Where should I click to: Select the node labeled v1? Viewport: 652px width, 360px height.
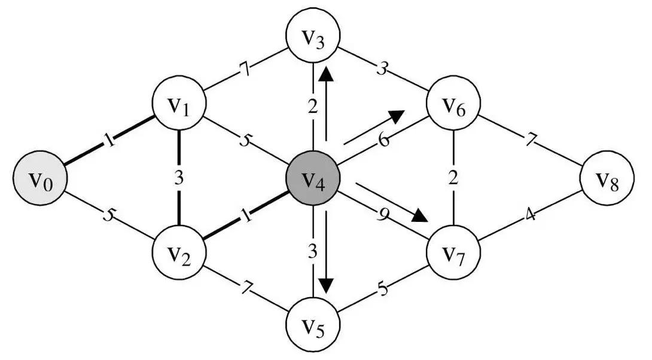(178, 108)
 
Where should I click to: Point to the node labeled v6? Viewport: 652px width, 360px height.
(453, 108)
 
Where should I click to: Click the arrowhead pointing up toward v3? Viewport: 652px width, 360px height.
(326, 75)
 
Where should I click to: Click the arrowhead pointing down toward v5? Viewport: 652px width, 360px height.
(326, 285)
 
